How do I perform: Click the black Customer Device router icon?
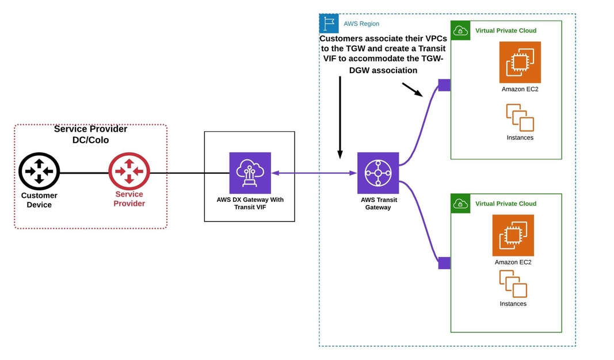pos(39,171)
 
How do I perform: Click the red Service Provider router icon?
pos(129,171)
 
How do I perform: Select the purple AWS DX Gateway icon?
pos(250,173)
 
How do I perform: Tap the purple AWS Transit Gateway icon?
pos(377,173)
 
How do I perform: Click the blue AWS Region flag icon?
pos(329,24)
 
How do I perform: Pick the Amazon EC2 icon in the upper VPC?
pos(520,63)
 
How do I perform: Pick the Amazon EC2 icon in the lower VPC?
pos(513,235)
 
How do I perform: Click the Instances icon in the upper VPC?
pos(520,117)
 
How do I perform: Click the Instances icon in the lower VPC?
pos(513,284)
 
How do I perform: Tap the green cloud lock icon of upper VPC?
pos(460,30)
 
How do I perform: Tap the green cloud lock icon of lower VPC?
pos(460,203)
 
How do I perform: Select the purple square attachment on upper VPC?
pos(444,85)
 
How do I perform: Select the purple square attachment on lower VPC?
pos(444,263)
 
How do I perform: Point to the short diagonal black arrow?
pos(412,89)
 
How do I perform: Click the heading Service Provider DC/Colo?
pos(90,134)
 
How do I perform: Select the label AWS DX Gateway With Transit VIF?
pos(249,203)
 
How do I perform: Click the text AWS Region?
pos(361,24)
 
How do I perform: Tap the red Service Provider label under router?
pos(129,199)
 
